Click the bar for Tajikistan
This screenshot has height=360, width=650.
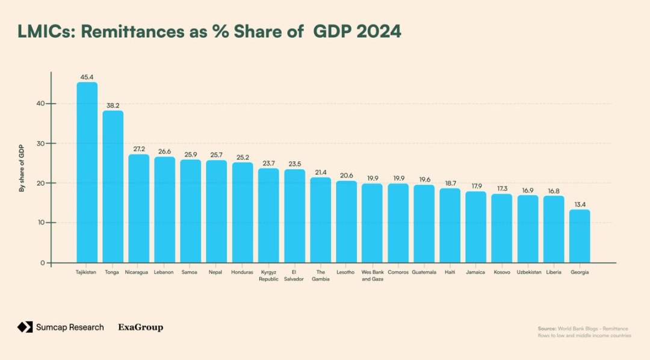(x=87, y=172)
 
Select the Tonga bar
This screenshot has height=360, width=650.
(x=113, y=187)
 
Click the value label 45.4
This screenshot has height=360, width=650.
(x=87, y=77)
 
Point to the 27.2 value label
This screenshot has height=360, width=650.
(x=138, y=149)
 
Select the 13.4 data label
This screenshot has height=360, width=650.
(x=580, y=204)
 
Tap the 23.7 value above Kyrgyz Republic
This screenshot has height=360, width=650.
(x=268, y=163)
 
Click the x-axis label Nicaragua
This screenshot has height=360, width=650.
(x=138, y=272)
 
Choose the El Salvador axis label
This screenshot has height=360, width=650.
(x=294, y=275)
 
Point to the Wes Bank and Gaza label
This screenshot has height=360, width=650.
(x=372, y=275)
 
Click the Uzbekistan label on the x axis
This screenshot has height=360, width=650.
(x=528, y=272)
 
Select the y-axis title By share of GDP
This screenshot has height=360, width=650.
(x=22, y=169)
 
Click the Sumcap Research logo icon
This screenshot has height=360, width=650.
(x=24, y=327)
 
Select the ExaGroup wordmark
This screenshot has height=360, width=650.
(x=140, y=327)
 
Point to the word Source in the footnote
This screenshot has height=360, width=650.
(x=547, y=329)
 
